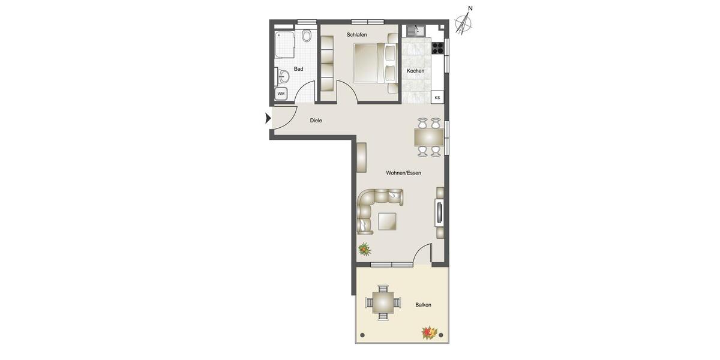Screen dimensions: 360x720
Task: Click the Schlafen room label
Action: point(356,35)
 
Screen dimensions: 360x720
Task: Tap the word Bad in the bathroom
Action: point(298,69)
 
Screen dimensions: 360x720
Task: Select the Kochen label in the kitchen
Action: point(415,71)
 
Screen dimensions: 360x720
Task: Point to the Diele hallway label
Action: point(316,121)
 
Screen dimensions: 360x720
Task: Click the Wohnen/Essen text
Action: point(403,173)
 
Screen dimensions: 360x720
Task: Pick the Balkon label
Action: point(423,305)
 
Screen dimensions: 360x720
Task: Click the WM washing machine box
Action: point(281,94)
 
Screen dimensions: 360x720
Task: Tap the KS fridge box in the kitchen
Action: point(437,97)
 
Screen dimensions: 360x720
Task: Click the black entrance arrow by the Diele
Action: point(268,119)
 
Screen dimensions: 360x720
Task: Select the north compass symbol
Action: point(463,23)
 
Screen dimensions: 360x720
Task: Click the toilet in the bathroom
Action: point(307,35)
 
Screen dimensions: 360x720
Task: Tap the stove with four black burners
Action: point(438,47)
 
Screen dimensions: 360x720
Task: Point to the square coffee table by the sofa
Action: point(387,222)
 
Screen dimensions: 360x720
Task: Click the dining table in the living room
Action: point(429,138)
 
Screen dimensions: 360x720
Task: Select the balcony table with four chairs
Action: point(383,302)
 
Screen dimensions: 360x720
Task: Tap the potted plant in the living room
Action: point(364,248)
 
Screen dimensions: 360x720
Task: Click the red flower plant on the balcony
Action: point(428,332)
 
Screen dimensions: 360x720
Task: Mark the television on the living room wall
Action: point(439,214)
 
